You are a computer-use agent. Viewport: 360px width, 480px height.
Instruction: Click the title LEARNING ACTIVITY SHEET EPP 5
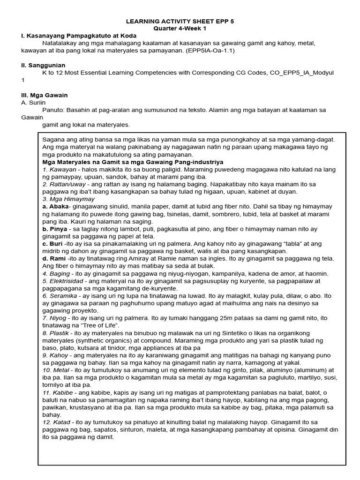coord(180,22)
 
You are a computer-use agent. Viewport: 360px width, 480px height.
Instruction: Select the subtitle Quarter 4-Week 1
coord(180,29)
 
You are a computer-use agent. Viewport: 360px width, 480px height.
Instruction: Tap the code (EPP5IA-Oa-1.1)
coord(209,50)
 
